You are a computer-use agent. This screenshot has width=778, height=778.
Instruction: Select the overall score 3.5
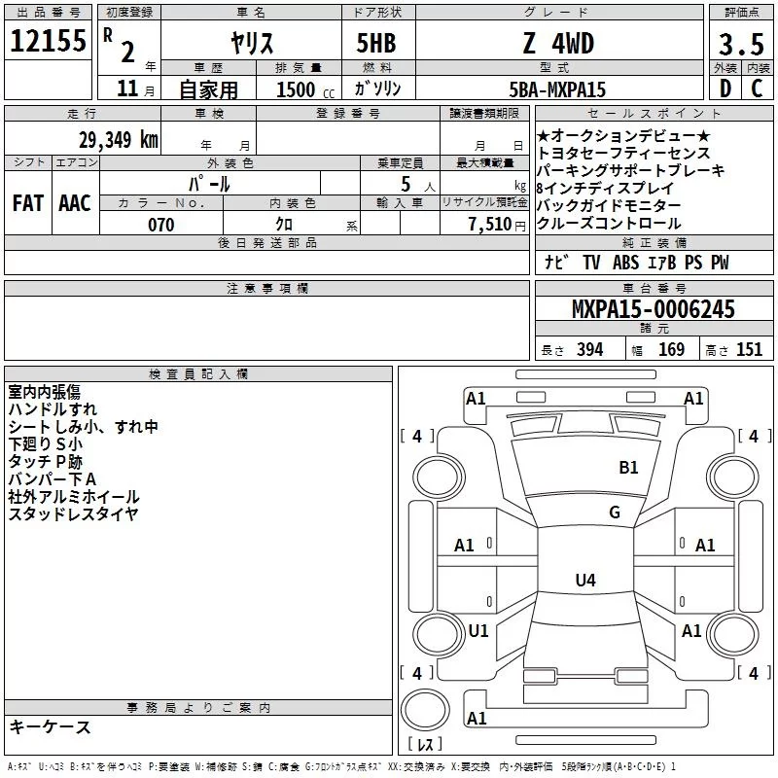[740, 44]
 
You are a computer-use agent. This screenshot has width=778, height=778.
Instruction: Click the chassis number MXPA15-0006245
[653, 310]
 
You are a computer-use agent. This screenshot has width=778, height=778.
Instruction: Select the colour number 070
[160, 225]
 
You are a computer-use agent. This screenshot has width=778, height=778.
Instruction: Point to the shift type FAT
[27, 203]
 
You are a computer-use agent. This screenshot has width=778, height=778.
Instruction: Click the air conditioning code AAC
[75, 203]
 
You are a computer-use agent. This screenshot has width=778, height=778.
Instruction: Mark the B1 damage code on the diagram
[629, 468]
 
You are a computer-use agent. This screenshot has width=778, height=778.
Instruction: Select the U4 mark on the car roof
[584, 581]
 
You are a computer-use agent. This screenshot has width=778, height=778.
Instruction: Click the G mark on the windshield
[614, 513]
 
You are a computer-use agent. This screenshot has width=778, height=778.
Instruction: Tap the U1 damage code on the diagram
[478, 631]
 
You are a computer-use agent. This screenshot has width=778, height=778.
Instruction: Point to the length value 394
[588, 350]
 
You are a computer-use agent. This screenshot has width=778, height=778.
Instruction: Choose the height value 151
[749, 350]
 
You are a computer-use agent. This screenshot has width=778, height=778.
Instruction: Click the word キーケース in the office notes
[50, 727]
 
